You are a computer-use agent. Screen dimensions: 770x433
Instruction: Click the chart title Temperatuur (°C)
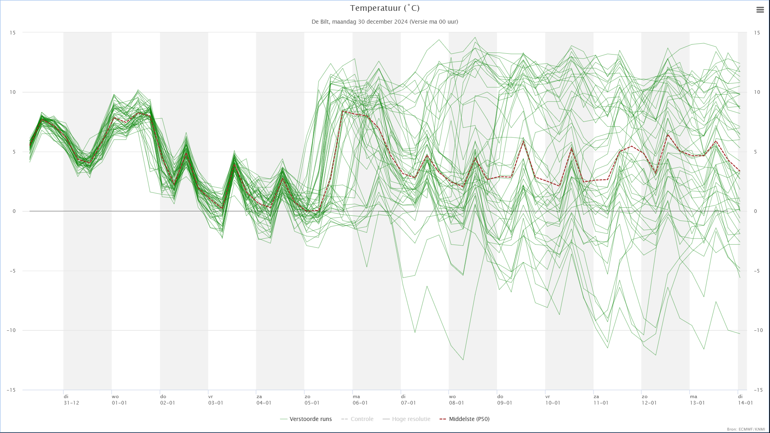pyautogui.click(x=385, y=8)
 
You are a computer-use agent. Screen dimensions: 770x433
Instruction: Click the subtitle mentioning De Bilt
pyautogui.click(x=385, y=22)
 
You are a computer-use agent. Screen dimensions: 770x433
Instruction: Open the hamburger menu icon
pyautogui.click(x=760, y=10)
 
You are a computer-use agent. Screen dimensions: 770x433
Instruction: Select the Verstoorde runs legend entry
pyautogui.click(x=306, y=419)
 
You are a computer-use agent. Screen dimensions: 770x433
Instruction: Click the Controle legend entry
pyautogui.click(x=357, y=419)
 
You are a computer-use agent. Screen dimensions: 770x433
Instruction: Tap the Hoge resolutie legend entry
pyautogui.click(x=406, y=419)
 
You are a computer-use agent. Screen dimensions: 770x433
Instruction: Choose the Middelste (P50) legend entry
pyautogui.click(x=464, y=419)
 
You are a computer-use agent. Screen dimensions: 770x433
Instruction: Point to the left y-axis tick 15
pyautogui.click(x=12, y=32)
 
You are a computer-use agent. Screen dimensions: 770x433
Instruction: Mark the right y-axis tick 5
pyautogui.click(x=756, y=152)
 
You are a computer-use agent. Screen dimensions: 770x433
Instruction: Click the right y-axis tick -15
pyautogui.click(x=758, y=390)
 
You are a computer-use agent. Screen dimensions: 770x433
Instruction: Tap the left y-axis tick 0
pyautogui.click(x=14, y=211)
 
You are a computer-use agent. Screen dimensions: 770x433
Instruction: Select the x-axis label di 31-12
pyautogui.click(x=71, y=400)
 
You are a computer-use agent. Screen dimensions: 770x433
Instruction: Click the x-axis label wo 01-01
pyautogui.click(x=120, y=400)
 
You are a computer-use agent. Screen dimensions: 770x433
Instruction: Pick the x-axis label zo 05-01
pyautogui.click(x=312, y=400)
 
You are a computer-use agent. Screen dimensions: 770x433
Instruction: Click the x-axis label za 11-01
pyautogui.click(x=601, y=400)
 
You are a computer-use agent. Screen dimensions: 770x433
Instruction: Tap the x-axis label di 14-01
pyautogui.click(x=746, y=400)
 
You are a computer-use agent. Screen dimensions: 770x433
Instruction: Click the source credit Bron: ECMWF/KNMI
pyautogui.click(x=746, y=429)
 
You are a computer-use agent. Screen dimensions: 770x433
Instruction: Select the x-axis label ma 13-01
pyautogui.click(x=697, y=400)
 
